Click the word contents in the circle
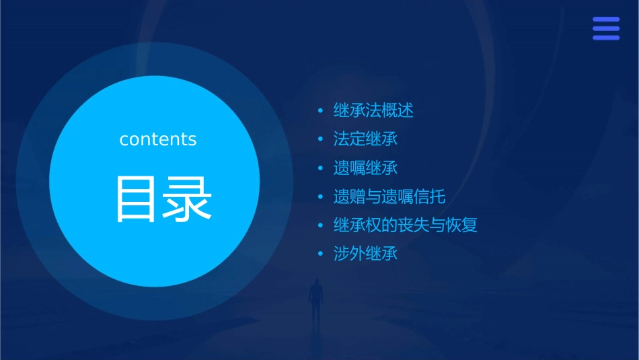158,139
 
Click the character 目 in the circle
137,199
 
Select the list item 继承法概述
373,110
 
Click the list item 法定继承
365,139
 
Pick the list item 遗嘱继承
365,168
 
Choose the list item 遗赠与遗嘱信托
389,197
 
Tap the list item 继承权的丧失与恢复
405,225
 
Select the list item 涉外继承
365,254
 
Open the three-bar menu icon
605,28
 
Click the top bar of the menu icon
605,20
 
